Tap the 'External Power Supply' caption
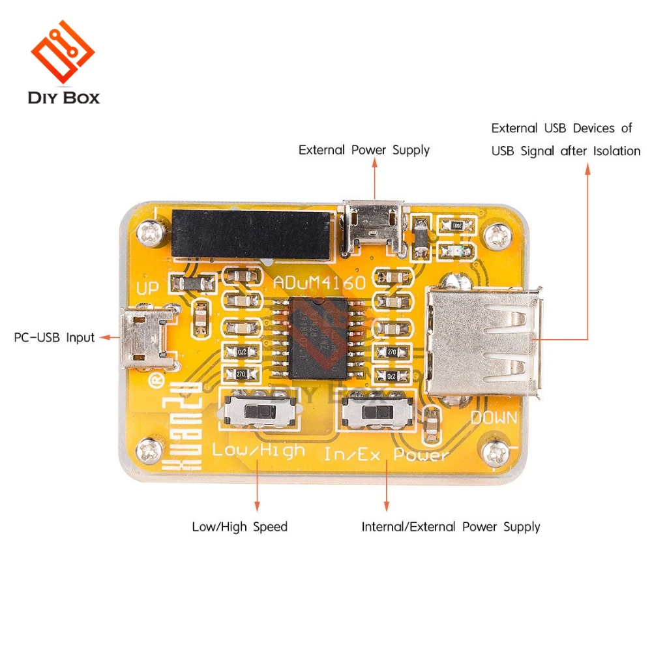click(x=364, y=150)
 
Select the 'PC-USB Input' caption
click(x=54, y=338)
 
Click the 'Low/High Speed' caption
click(x=239, y=527)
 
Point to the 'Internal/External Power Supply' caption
click(x=451, y=527)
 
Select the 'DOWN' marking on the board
click(x=494, y=417)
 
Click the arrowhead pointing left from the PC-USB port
click(x=106, y=338)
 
